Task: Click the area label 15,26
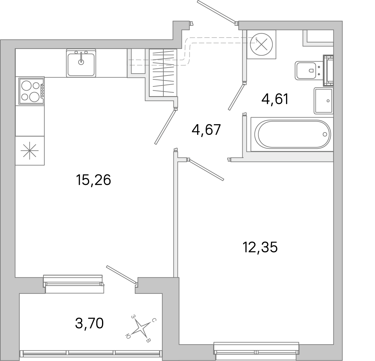(94, 180)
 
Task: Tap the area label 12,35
(260, 248)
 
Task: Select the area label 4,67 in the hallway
(206, 130)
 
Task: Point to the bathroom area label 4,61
(274, 99)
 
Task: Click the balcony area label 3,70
(89, 323)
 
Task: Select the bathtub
(292, 134)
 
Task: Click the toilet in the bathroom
(307, 70)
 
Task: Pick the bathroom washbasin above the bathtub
(324, 100)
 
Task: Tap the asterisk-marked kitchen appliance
(30, 151)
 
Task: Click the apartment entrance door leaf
(216, 12)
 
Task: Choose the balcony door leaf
(121, 275)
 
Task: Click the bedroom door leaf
(206, 170)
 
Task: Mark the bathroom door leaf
(237, 97)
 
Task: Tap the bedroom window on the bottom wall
(257, 351)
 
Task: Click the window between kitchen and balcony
(73, 284)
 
